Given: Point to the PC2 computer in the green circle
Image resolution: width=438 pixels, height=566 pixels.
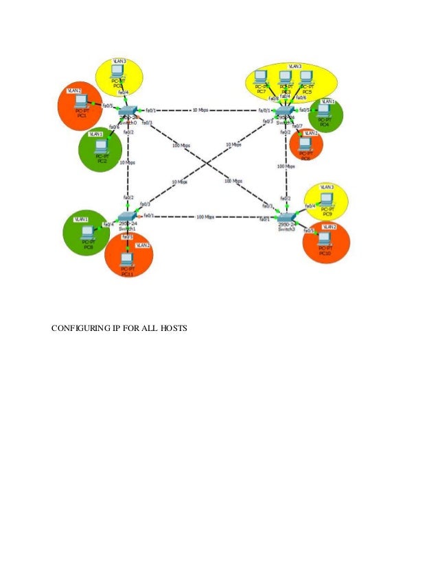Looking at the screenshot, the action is (x=102, y=148).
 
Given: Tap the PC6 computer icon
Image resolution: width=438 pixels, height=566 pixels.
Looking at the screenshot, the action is (x=305, y=145).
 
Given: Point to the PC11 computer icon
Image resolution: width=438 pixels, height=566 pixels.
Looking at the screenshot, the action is (x=126, y=259).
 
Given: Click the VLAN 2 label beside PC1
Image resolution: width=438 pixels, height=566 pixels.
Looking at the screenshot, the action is (x=74, y=90).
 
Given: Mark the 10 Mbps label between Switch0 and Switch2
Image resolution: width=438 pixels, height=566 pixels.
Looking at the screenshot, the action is (x=200, y=110).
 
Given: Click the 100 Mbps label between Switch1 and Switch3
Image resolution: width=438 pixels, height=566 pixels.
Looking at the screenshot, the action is (x=205, y=217).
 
